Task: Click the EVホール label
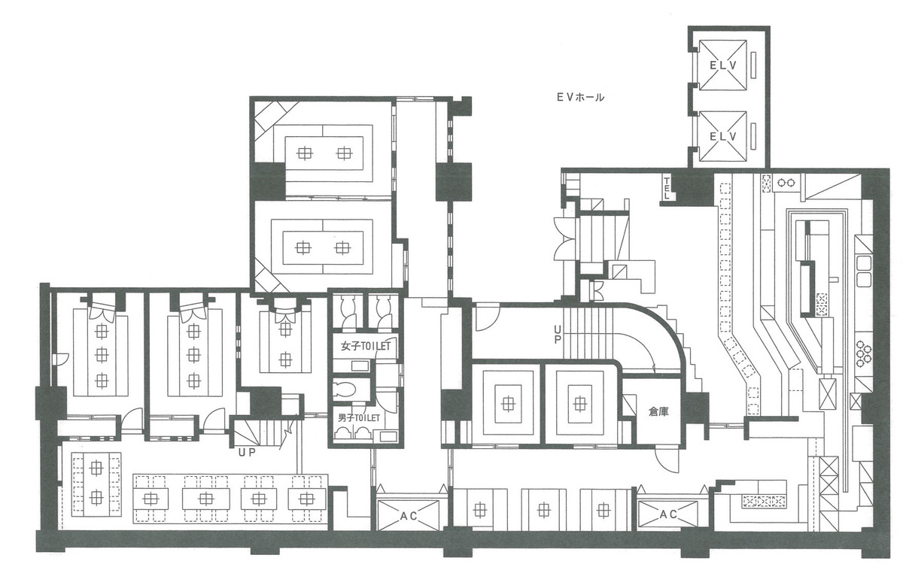pos(579,98)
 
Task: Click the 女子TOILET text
pos(366,347)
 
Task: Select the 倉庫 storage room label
pos(658,411)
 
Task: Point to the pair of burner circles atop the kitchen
pos(788,181)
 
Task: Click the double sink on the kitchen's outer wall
pos(864,270)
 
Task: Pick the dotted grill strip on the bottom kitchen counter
pos(764,501)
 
